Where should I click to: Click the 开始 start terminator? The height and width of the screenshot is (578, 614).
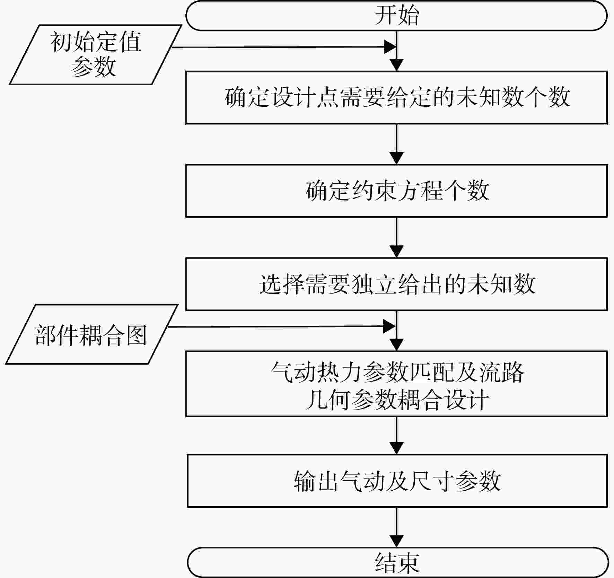click(x=396, y=15)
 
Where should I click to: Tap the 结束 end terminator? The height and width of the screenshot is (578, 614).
click(x=398, y=562)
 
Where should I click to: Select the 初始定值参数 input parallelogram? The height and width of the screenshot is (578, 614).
click(x=95, y=55)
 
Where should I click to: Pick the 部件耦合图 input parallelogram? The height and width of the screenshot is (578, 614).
click(x=91, y=334)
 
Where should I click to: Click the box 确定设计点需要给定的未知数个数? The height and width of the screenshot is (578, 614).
click(x=396, y=97)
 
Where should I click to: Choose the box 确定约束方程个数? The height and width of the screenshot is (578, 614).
click(x=396, y=191)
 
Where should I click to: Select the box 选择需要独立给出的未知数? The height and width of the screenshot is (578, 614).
click(x=396, y=284)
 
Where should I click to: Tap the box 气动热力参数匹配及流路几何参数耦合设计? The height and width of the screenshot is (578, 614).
click(x=396, y=384)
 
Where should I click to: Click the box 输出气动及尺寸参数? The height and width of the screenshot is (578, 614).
click(x=397, y=481)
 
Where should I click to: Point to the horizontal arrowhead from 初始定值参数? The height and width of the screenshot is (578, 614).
click(x=390, y=47)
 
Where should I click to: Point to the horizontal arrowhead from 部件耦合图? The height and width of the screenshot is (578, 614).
click(x=389, y=326)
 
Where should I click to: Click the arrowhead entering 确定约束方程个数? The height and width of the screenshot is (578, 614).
click(x=396, y=158)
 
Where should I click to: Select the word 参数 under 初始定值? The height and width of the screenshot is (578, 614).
click(x=93, y=67)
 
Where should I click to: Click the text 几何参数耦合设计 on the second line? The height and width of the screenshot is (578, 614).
click(x=397, y=400)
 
